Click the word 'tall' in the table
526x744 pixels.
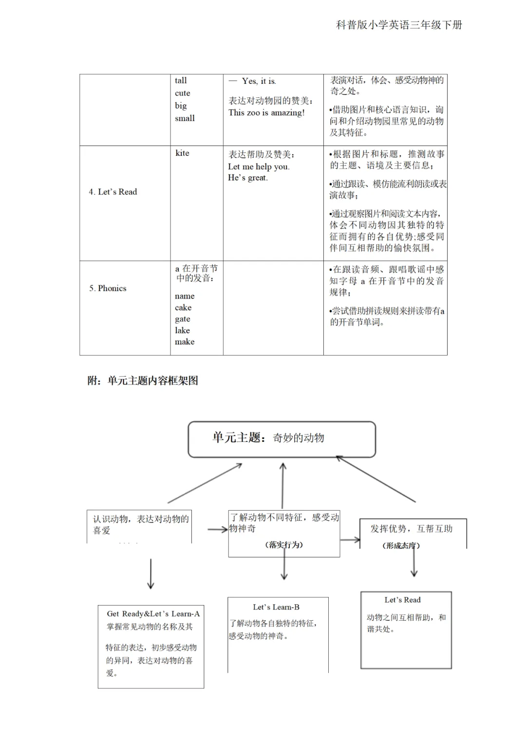click(x=181, y=80)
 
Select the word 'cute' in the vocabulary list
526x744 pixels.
click(x=183, y=93)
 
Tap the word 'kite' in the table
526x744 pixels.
click(x=182, y=153)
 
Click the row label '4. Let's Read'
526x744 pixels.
click(x=113, y=192)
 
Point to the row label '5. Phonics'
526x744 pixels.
click(x=108, y=288)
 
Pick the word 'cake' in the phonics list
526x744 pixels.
click(x=183, y=307)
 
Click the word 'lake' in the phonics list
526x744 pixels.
click(x=183, y=330)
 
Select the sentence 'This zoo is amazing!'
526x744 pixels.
click(x=266, y=113)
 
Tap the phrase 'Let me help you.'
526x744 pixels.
click(x=259, y=167)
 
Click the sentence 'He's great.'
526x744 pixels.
click(x=248, y=178)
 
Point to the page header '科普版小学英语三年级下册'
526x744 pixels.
click(x=399, y=25)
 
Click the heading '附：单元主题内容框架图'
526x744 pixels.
click(x=143, y=381)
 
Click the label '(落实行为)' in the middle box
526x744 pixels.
click(x=284, y=545)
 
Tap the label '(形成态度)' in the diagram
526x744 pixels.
click(x=401, y=546)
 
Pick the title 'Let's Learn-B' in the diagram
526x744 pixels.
click(x=276, y=607)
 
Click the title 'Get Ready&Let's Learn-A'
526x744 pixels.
click(x=153, y=614)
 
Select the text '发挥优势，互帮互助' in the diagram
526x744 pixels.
click(x=412, y=529)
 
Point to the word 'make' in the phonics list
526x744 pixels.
click(x=185, y=342)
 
